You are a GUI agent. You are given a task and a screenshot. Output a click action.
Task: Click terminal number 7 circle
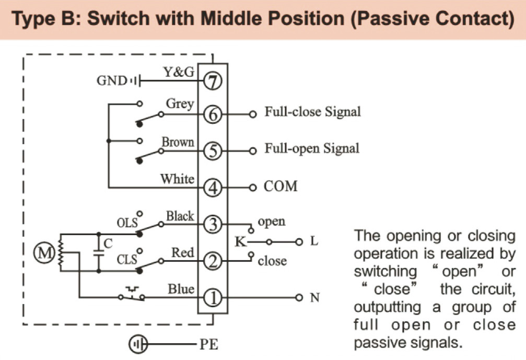point(212,81)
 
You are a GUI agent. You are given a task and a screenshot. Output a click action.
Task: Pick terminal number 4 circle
point(212,187)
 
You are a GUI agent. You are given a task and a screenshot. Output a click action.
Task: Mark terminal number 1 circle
point(212,298)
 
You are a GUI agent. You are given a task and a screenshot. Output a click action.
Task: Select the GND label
point(111,81)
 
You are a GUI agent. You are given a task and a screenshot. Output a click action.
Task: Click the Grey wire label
point(180,104)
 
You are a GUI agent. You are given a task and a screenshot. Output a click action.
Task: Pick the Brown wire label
point(178,142)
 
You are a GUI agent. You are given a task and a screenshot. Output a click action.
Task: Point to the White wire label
point(177,179)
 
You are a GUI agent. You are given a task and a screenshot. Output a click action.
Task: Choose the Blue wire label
point(181,289)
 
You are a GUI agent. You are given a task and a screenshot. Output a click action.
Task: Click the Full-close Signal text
point(312,112)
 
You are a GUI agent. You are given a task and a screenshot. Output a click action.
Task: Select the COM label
point(280,186)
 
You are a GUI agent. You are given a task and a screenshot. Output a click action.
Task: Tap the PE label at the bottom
point(208,345)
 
